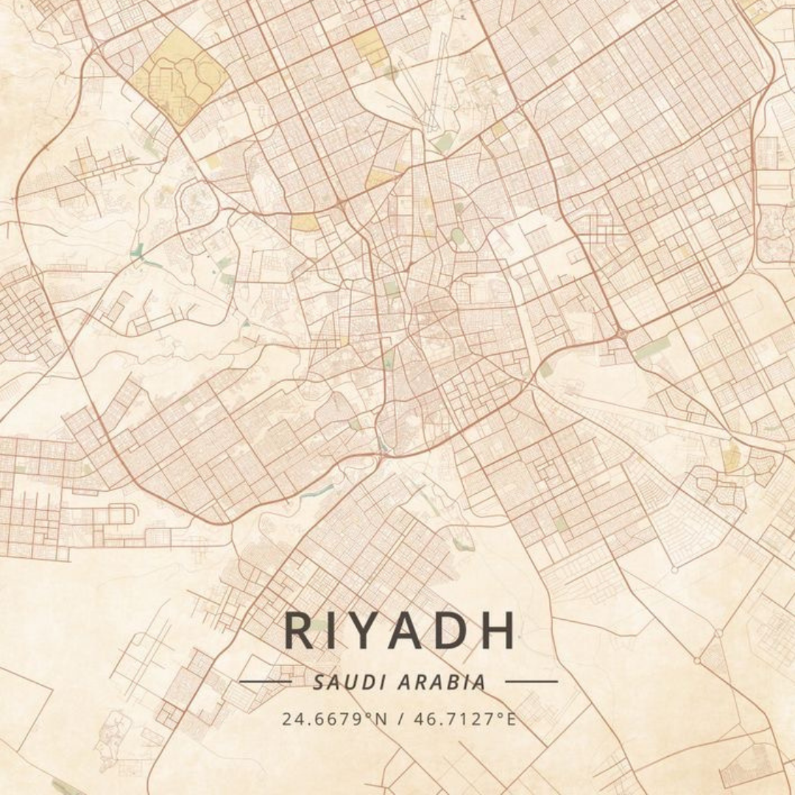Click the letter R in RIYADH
click(x=300, y=631)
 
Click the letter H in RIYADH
click(x=498, y=631)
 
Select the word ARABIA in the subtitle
click(x=442, y=682)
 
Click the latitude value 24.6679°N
click(x=334, y=719)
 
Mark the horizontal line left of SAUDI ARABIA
click(x=266, y=682)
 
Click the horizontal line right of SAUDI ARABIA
click(x=531, y=682)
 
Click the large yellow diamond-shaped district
click(x=181, y=77)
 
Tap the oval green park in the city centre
click(x=458, y=236)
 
